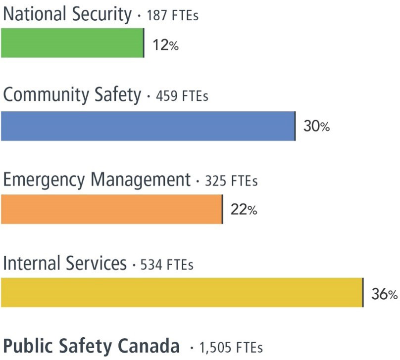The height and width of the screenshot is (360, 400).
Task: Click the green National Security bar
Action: tap(72, 43)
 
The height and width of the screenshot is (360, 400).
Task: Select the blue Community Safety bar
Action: tap(148, 126)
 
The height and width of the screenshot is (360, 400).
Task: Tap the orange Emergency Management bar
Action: tap(111, 209)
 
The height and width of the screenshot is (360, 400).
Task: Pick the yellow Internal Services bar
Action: tap(182, 292)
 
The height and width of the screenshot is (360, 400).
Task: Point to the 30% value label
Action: tap(316, 127)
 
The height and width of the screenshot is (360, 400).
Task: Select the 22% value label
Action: tap(244, 210)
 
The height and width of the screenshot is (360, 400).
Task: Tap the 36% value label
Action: tap(384, 294)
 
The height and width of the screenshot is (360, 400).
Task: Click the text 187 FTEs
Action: tap(173, 16)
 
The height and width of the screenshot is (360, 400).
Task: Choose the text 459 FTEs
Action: tap(182, 96)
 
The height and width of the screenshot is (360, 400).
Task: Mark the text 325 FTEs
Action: tap(231, 181)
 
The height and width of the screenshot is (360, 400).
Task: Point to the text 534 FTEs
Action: tap(167, 265)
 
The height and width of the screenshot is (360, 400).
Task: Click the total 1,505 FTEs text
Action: tap(230, 347)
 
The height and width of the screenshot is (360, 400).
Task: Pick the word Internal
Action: tap(30, 263)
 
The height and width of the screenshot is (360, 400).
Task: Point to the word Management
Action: tap(140, 180)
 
